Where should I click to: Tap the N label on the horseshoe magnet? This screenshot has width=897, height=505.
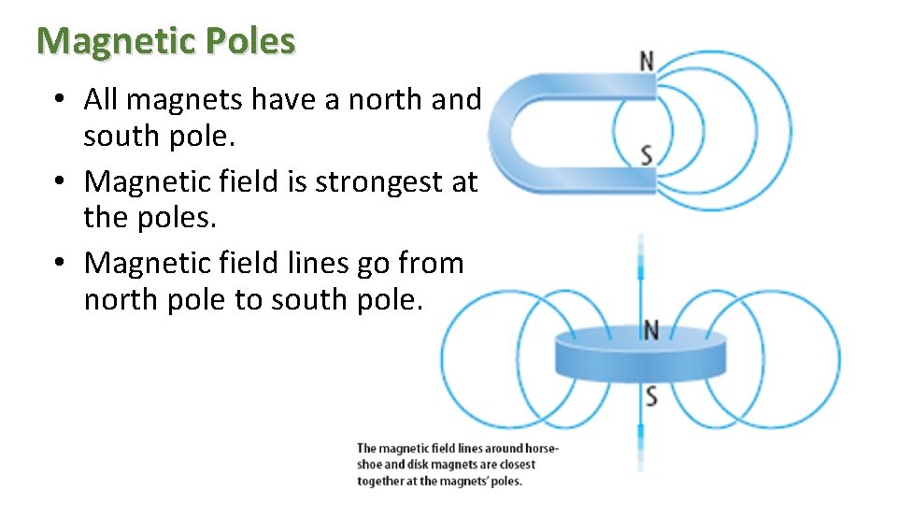click(646, 61)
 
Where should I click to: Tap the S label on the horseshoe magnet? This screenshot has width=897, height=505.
click(647, 155)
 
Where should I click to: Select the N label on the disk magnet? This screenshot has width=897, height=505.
click(651, 329)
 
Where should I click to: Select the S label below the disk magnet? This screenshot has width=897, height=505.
click(651, 397)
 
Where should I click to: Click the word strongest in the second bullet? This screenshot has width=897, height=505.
click(384, 181)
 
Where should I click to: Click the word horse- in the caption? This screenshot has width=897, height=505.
click(538, 448)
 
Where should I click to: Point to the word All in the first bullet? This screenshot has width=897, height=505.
click(101, 98)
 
